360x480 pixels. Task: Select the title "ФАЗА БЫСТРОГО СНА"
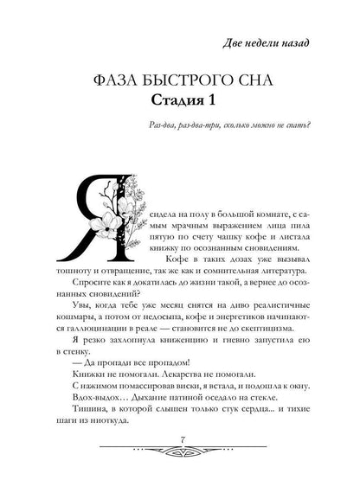pyautogui.click(x=179, y=84)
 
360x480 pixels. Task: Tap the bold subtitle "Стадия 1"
pyautogui.click(x=179, y=107)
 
